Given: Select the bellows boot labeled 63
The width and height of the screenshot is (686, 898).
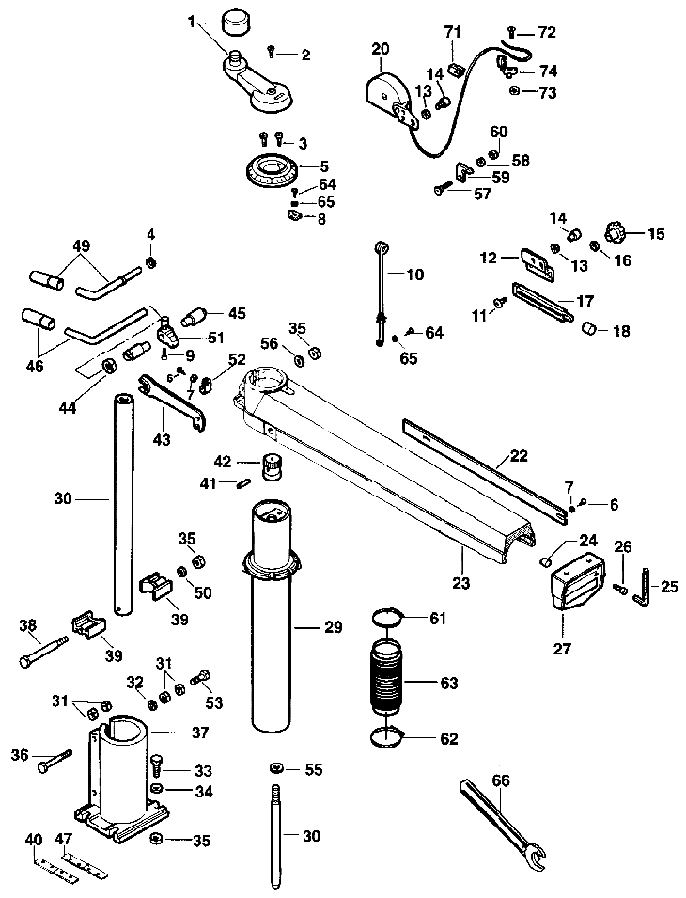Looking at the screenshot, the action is pyautogui.click(x=387, y=682).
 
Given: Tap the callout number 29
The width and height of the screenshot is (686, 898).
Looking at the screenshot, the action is pyautogui.click(x=333, y=628).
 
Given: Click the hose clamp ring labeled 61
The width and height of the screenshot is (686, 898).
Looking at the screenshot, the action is pyautogui.click(x=388, y=618).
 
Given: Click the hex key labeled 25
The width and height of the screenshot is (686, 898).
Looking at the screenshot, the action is pyautogui.click(x=643, y=585).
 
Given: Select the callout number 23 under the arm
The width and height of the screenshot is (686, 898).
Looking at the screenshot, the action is pyautogui.click(x=461, y=583).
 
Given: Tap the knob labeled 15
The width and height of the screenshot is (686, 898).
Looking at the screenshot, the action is pyautogui.click(x=616, y=232).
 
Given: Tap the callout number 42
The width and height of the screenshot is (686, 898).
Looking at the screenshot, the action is pyautogui.click(x=223, y=461).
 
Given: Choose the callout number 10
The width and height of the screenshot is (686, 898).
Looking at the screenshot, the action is pyautogui.click(x=414, y=275).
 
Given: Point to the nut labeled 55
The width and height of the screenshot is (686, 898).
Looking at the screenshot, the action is pyautogui.click(x=276, y=769).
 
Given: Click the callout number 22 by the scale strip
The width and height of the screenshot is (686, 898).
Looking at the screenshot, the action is pyautogui.click(x=518, y=457).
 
